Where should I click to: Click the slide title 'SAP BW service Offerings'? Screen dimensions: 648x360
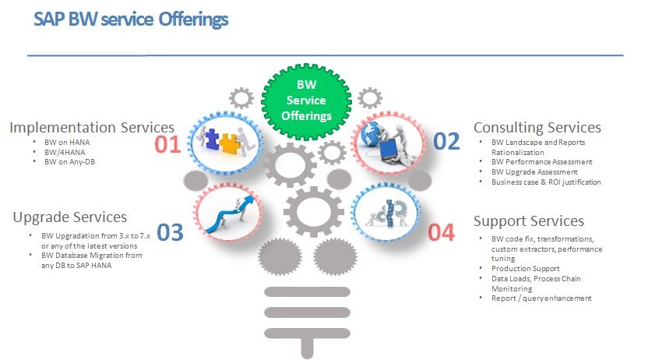click(131, 19)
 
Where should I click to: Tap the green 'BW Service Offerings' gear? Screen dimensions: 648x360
click(306, 101)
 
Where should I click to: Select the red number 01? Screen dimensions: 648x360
click(167, 145)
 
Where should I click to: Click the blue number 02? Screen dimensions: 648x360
click(446, 141)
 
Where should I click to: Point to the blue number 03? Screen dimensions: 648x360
click(170, 232)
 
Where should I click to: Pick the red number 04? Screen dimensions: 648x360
click(441, 232)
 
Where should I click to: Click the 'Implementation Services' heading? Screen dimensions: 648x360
click(92, 127)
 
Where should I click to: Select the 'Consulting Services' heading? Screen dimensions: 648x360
click(537, 127)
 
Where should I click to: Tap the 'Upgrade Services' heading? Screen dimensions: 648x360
click(70, 217)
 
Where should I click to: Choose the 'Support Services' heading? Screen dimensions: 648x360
click(529, 221)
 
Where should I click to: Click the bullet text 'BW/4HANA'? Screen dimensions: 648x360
click(65, 152)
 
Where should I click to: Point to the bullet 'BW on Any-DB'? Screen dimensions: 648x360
click(70, 162)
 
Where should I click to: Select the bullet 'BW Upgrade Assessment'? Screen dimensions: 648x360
click(534, 172)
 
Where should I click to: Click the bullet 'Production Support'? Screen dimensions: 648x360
click(525, 269)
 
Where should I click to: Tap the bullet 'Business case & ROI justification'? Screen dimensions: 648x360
click(546, 182)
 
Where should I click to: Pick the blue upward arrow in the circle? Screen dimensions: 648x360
click(229, 215)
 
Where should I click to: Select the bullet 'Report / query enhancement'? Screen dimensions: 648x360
click(541, 298)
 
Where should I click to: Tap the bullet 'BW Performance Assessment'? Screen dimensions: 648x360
click(542, 162)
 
